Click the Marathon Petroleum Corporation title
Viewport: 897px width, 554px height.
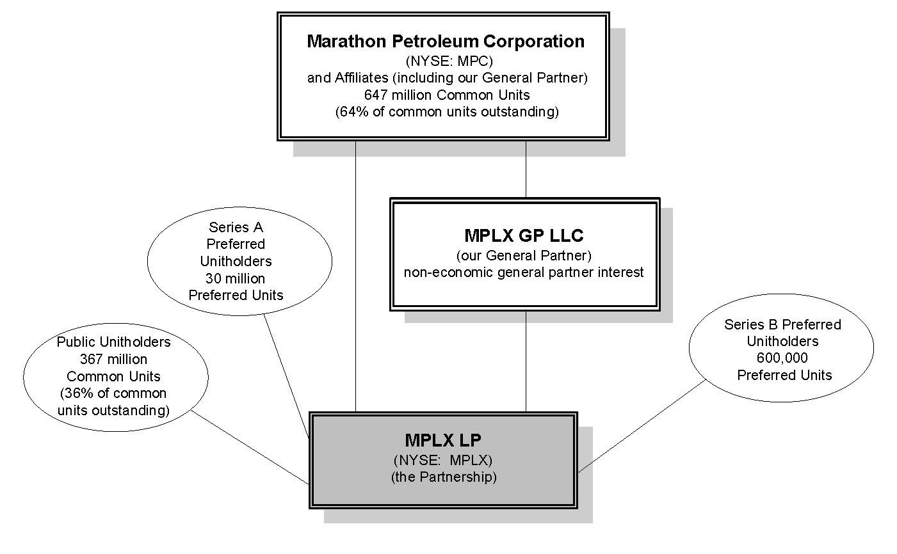[x=445, y=42]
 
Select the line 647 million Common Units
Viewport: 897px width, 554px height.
[x=446, y=95]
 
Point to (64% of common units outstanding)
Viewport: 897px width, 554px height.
[x=446, y=111]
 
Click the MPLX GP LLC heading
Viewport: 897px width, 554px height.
[x=523, y=235]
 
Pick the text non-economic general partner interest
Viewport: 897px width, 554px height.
[x=523, y=272]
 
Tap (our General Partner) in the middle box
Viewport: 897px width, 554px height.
[x=523, y=255]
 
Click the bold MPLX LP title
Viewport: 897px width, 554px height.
[x=442, y=440]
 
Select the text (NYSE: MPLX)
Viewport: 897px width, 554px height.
[x=442, y=460]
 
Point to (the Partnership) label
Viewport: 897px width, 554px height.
[x=443, y=477]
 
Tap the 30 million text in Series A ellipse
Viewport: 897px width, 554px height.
[x=235, y=278]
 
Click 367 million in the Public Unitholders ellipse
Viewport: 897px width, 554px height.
[x=113, y=359]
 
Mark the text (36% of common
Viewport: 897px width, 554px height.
[x=113, y=393]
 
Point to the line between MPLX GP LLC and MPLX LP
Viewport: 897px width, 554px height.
[x=526, y=361]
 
